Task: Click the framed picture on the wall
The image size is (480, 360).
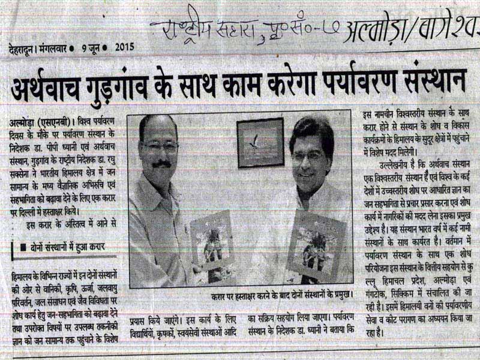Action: (x=260, y=143)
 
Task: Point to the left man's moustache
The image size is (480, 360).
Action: (x=161, y=163)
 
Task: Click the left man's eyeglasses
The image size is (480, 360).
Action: (x=159, y=146)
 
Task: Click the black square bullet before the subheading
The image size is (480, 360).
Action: (x=22, y=247)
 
